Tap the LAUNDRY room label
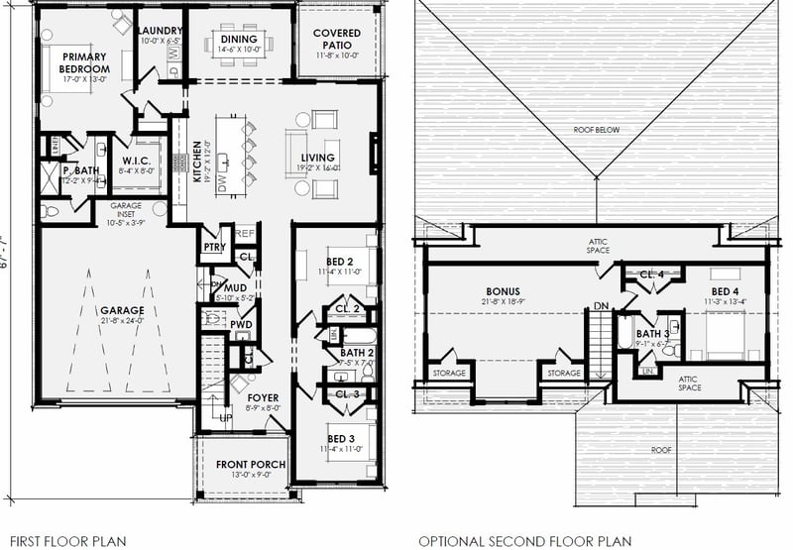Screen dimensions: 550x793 click(160, 31)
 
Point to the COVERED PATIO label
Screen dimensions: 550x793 click(337, 39)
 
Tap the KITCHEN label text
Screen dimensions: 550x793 click(198, 159)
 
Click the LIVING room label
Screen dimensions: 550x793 click(317, 158)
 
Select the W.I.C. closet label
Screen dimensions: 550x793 click(136, 160)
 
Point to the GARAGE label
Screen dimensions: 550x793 click(121, 310)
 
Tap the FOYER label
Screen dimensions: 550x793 click(264, 397)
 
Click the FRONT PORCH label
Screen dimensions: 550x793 click(251, 465)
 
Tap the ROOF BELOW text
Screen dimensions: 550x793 click(596, 130)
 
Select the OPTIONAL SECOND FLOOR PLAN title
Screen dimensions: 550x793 click(523, 541)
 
